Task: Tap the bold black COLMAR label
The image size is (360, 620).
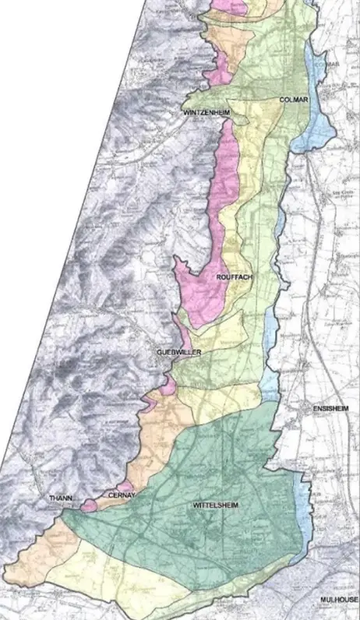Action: [x=293, y=100]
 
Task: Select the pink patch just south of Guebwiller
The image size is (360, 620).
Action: [x=168, y=385]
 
